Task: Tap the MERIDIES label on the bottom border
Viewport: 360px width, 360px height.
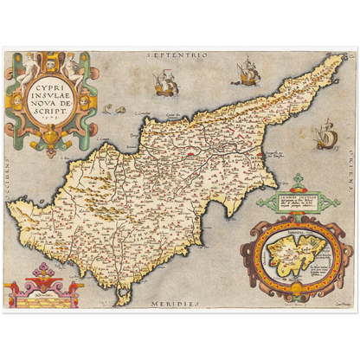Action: coord(178,304)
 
